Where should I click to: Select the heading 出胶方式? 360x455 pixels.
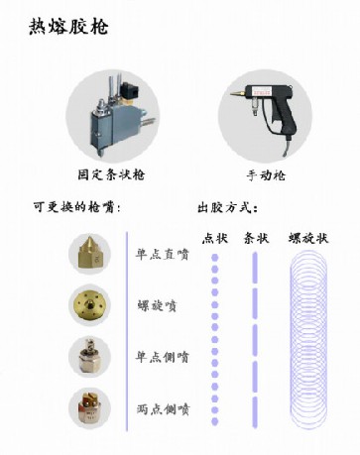coord(228,208)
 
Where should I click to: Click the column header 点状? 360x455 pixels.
coord(214,238)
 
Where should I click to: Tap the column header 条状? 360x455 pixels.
coord(255,238)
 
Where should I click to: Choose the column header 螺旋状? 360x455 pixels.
coord(308,238)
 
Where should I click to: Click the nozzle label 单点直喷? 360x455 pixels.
coord(162,252)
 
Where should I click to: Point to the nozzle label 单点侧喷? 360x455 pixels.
coord(162,356)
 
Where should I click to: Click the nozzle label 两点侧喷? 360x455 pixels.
coord(162,407)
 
